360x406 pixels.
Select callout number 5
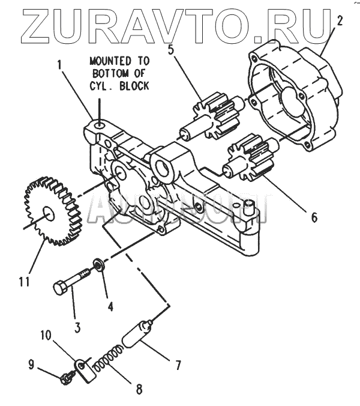point(172,50)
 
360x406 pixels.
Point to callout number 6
point(314,217)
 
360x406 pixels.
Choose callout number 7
point(178,364)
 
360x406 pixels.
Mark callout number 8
point(139,389)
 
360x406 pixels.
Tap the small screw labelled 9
point(67,378)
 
